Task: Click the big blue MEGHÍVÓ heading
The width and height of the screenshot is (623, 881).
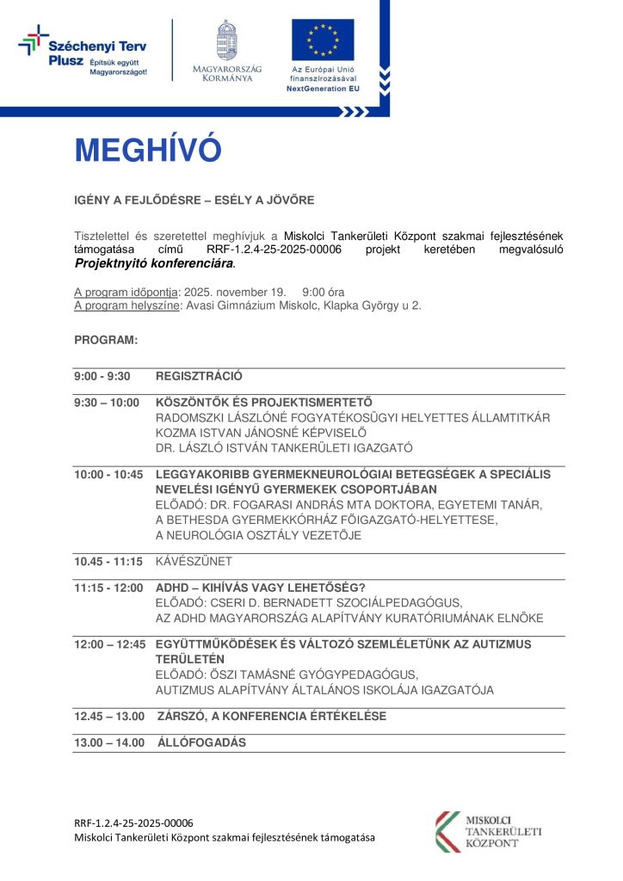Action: click(148, 151)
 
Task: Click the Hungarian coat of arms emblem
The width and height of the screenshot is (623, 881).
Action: click(227, 40)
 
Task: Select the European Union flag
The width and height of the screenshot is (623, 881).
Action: click(323, 40)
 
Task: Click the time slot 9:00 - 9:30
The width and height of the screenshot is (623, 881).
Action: click(102, 376)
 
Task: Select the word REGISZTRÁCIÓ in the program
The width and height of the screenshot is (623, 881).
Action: click(199, 376)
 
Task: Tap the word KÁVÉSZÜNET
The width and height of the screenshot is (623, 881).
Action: click(194, 561)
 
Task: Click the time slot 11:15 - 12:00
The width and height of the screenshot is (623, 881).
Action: click(108, 588)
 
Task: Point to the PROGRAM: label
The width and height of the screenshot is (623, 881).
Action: click(106, 340)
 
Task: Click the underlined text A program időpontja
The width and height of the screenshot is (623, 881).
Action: click(126, 292)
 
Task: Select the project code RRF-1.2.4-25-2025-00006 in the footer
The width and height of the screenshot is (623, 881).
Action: click(133, 822)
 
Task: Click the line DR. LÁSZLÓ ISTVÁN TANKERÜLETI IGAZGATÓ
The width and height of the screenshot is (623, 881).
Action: click(284, 447)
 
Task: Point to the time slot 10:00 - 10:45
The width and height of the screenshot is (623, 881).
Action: click(108, 474)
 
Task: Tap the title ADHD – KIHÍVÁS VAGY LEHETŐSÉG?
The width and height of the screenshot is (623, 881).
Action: click(261, 588)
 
